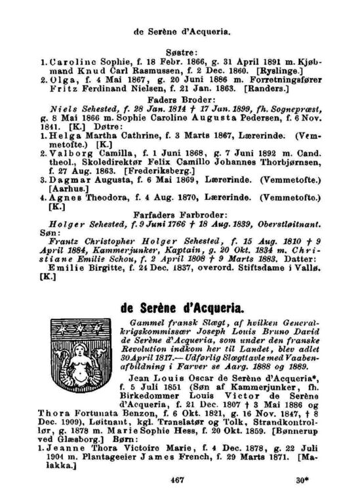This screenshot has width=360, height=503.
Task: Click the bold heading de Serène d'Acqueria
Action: click(184, 308)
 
